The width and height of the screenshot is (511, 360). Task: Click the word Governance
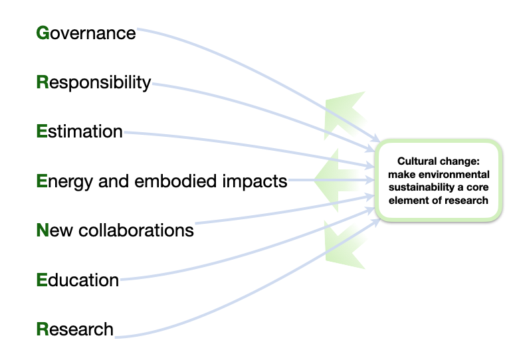tap(86, 33)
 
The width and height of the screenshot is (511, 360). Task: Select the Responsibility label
tap(94, 82)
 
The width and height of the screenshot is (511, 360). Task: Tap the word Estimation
tap(79, 132)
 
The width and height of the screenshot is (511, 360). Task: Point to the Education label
tap(78, 280)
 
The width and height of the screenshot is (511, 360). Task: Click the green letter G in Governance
tap(42, 33)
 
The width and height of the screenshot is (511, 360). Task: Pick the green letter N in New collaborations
tap(42, 230)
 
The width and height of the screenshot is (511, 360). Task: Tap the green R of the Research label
tap(42, 329)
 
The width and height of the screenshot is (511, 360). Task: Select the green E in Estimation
tap(41, 132)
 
